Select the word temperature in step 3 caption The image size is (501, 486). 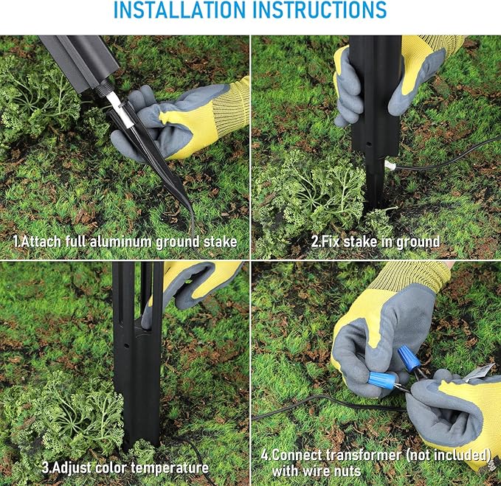coord(170,468)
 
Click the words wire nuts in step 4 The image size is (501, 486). coord(317,471)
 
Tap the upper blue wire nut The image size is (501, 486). coord(408,358)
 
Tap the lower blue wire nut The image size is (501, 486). coord(381,381)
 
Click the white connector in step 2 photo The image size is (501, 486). coord(390,165)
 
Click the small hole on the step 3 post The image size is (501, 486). coord(126,346)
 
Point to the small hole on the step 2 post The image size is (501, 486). coord(369,145)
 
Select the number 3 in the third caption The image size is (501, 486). coord(46,468)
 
